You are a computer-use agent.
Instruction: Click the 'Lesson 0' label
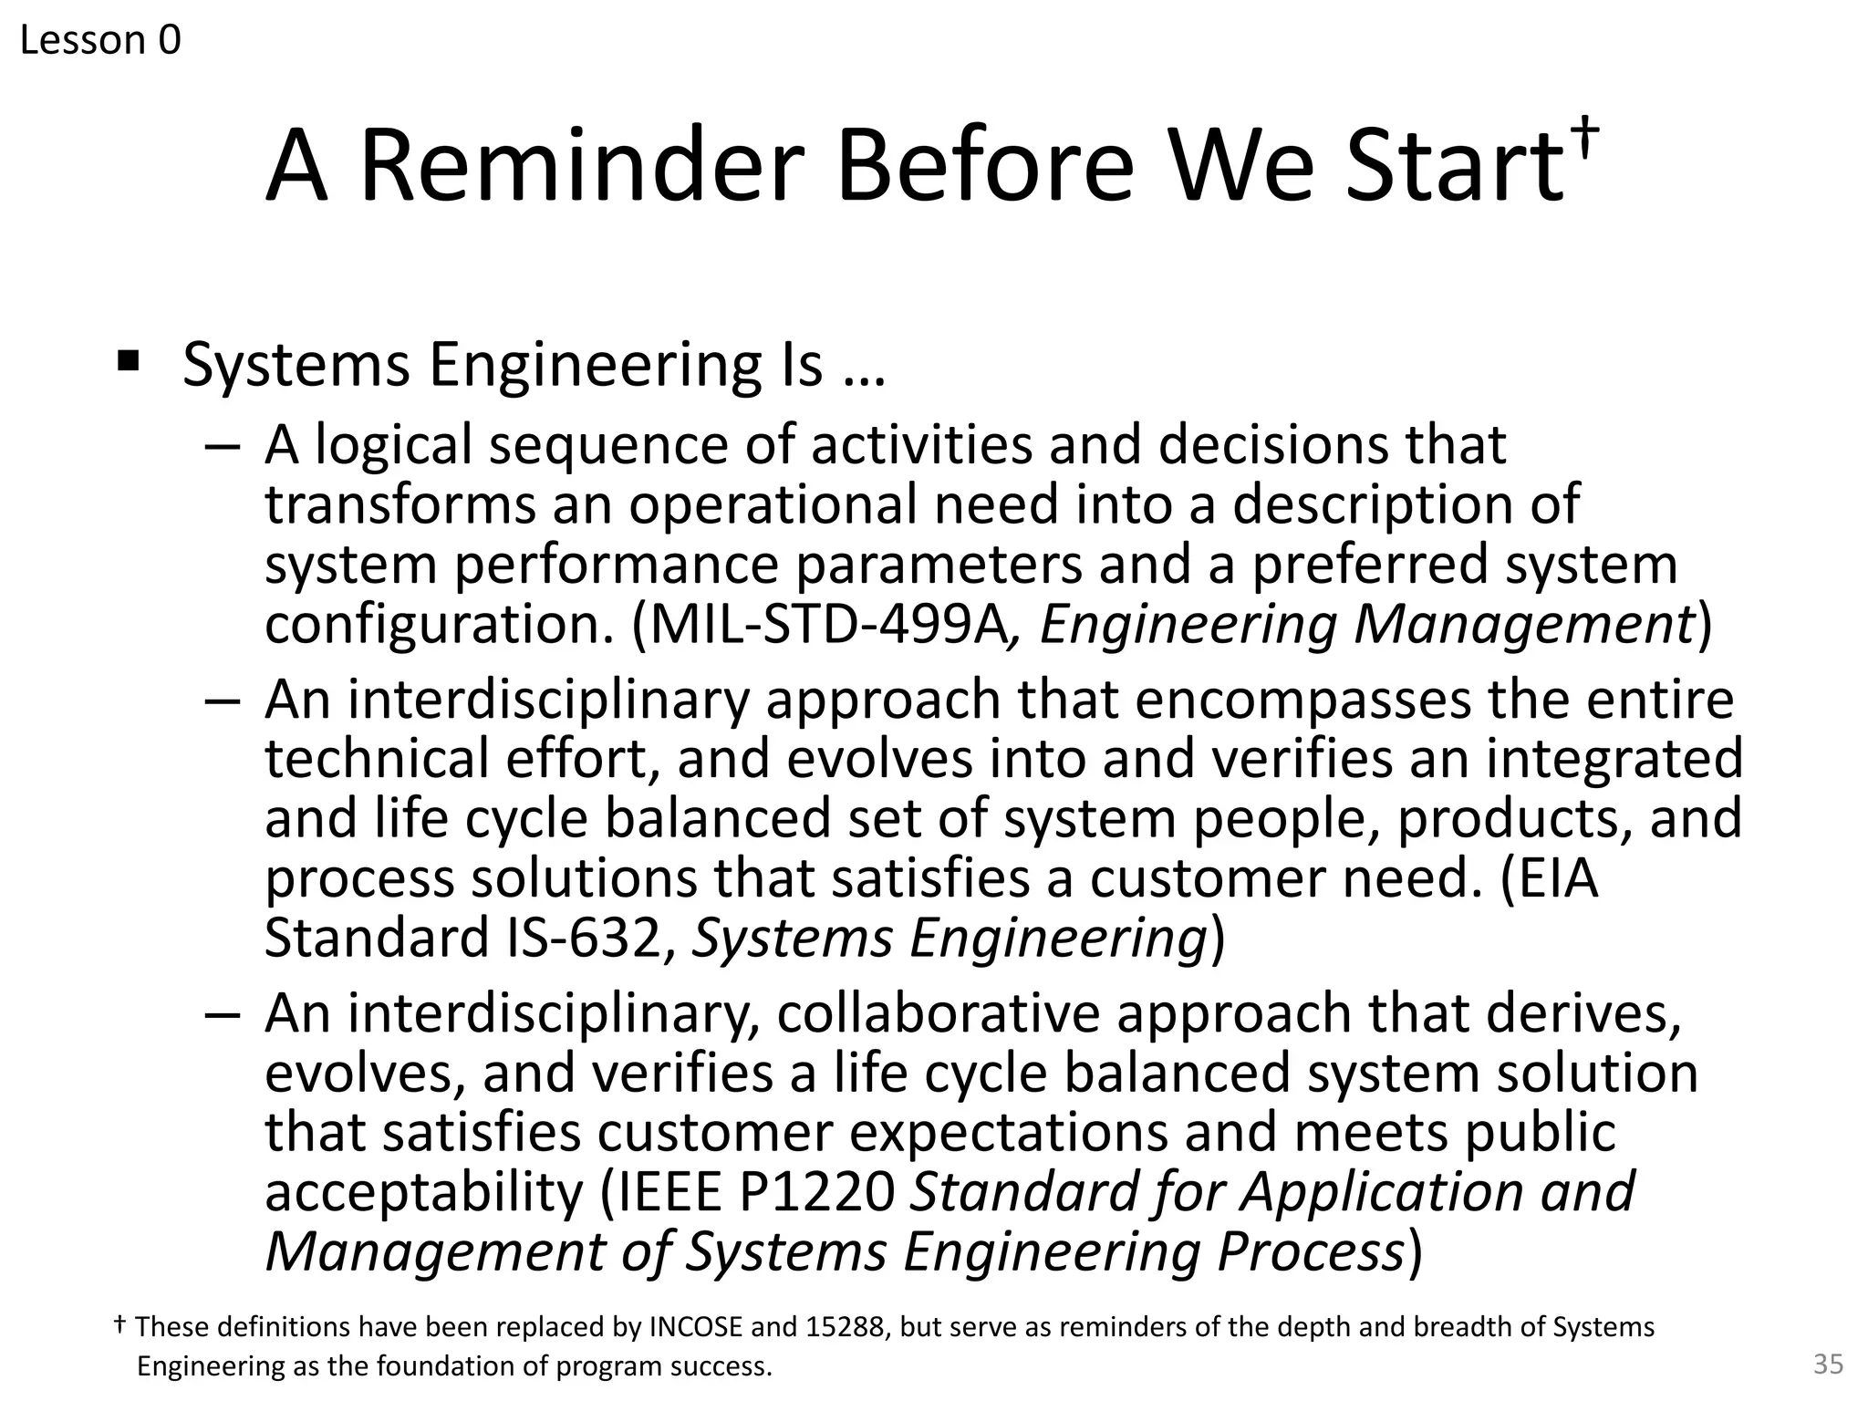click(100, 40)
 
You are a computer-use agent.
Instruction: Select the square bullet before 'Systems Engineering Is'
click(128, 362)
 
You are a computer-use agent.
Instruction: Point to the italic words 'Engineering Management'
click(1365, 626)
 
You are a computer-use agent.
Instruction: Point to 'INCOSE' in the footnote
click(695, 1326)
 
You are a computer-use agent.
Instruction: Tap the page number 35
click(1828, 1365)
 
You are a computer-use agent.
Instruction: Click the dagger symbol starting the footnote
click(119, 1324)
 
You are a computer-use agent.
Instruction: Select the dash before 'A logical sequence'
click(223, 448)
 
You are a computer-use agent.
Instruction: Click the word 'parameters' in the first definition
click(939, 565)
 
